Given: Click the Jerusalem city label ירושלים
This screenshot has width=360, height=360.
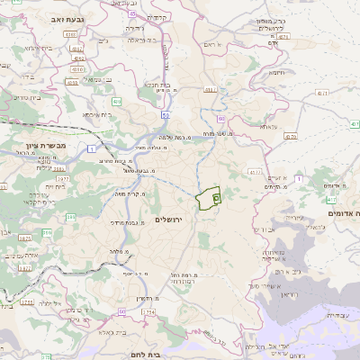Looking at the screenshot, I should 168,220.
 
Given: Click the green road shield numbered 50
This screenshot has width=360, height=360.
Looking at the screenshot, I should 166,115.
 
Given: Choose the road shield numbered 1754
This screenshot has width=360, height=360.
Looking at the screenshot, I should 148,312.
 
